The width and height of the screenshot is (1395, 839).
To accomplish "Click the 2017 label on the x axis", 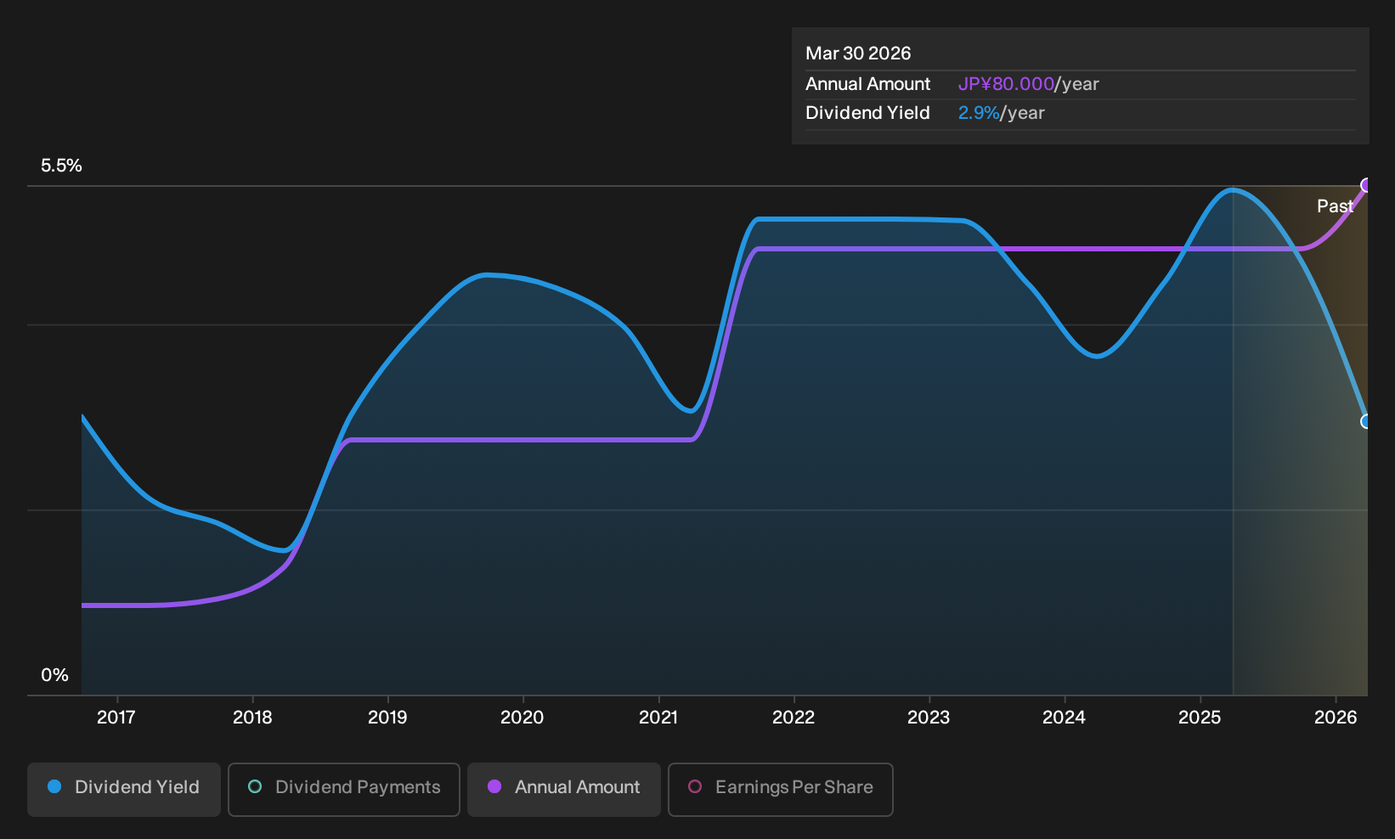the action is pos(116,718).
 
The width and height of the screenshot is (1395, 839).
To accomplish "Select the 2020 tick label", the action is pos(522,718).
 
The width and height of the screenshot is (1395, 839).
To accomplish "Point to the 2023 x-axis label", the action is pos(929,718).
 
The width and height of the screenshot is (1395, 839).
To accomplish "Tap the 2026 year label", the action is pos(1336,718).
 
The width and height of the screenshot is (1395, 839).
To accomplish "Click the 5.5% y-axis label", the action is pos(61,166).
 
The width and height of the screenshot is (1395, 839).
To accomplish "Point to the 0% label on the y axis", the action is pos(55,675).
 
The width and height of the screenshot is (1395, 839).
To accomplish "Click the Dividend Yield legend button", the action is pos(124,789).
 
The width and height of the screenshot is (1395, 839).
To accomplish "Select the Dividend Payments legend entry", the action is pos(344,789).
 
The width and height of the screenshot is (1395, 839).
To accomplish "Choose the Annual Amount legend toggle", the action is pos(563,789).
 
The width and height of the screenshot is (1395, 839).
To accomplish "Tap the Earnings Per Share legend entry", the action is pos(780,789).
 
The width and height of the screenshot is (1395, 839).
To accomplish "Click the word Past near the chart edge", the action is pos(1336,206).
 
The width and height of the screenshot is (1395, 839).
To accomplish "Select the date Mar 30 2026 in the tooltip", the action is pos(858,53).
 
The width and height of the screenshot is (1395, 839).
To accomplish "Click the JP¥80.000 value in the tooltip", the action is pos(1006,84).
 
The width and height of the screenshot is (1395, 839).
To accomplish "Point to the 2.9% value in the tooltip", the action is pos(979,113).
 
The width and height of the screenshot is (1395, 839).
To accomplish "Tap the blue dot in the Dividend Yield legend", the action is pos(55,786).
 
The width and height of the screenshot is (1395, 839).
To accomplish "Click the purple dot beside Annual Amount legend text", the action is pos(494,786).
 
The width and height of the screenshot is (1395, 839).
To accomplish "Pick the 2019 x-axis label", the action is pos(387,718).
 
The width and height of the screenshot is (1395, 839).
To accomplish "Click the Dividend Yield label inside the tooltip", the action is pos(867,113).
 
